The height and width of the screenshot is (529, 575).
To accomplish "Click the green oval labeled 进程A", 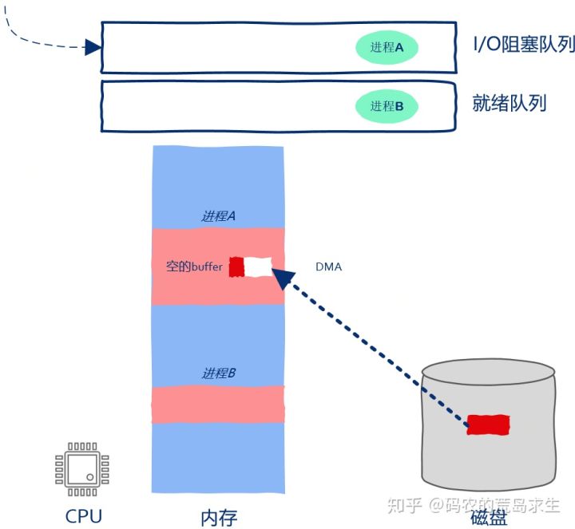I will (x=387, y=48).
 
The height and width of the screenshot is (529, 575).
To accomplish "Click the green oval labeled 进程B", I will (x=387, y=106).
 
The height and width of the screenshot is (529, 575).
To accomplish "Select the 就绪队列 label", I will (x=510, y=103).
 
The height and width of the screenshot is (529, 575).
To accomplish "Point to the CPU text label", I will (x=84, y=515).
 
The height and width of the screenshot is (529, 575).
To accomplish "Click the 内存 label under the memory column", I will (x=218, y=516).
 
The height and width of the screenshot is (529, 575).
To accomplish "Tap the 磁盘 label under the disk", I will (x=489, y=517).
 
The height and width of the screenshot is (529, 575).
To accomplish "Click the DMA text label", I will (x=329, y=266).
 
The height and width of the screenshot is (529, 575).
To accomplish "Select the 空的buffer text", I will (x=194, y=266).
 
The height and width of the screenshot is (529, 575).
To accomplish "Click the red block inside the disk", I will (x=488, y=424).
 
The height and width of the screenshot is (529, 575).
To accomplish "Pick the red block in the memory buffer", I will (x=236, y=266).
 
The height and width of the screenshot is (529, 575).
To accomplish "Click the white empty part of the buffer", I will (x=258, y=266).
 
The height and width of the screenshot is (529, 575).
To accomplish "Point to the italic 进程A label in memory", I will (x=218, y=215).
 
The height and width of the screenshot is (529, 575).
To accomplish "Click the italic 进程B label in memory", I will (x=218, y=373).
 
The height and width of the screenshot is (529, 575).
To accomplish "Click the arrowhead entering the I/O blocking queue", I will (x=93, y=47).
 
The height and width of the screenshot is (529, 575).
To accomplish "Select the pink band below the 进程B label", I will (x=218, y=404).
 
